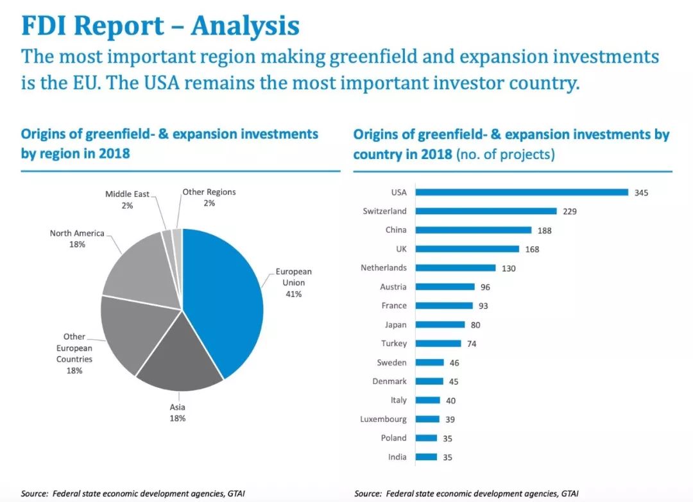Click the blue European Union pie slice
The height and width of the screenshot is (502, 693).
[x=225, y=295]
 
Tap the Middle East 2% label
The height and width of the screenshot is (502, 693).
[x=127, y=199]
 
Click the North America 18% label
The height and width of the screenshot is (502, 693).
[x=77, y=238]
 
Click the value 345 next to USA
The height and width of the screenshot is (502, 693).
[x=641, y=192]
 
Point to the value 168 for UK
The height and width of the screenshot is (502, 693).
[x=532, y=249]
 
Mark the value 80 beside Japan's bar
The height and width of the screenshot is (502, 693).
[x=475, y=325]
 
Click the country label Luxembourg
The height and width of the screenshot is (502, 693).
[x=383, y=419]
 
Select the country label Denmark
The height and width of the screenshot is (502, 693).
[x=389, y=381]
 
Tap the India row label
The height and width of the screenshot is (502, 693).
[x=397, y=457]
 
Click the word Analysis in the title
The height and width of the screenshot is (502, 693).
[x=245, y=26]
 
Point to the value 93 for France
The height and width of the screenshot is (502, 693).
[x=483, y=306]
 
